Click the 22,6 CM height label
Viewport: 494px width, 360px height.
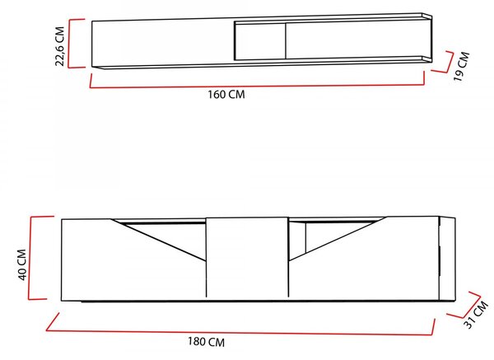(x=60, y=46)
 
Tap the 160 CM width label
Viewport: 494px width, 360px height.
(x=226, y=94)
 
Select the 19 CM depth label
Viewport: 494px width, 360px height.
(x=462, y=66)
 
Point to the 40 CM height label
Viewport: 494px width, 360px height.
(x=22, y=264)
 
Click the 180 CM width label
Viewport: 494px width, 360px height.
(x=207, y=342)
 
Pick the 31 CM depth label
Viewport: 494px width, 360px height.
(x=476, y=315)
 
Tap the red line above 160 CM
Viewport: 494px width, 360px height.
(x=258, y=86)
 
